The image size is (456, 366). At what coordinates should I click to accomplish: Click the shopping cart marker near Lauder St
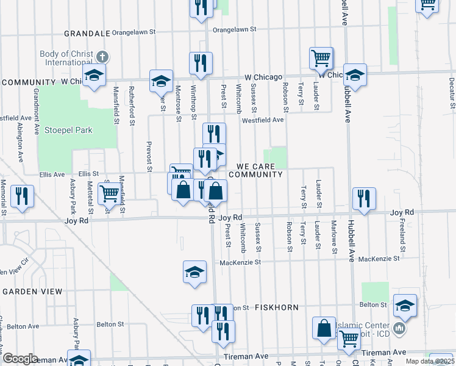coord(321,59)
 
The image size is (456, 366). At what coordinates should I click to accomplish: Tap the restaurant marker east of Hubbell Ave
coord(364,198)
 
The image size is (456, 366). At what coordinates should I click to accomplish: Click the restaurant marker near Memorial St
coord(22,196)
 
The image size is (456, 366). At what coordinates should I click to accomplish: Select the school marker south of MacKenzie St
coord(194,271)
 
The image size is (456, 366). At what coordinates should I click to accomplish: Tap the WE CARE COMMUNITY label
coord(259,170)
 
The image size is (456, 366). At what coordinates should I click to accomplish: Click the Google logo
coord(20,359)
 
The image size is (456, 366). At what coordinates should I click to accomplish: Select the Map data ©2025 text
coord(430,361)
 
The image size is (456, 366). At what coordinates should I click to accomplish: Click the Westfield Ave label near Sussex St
coord(262,120)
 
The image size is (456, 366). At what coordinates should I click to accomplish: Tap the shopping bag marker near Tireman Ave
coord(324,328)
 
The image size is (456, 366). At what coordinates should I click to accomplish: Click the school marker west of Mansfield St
coord(94,76)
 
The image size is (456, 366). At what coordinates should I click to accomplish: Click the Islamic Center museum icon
coord(399,329)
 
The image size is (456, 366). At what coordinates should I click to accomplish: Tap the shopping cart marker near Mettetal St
coord(109,193)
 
